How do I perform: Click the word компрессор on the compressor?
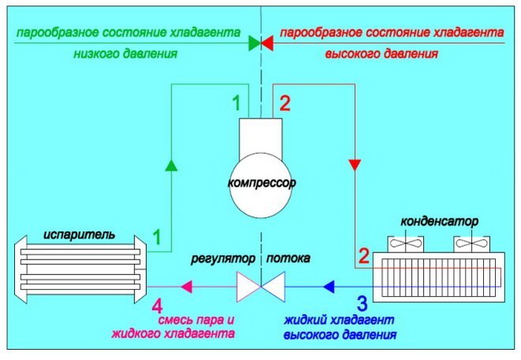click(x=260, y=183)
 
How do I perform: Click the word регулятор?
click(x=226, y=258)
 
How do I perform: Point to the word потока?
click(x=288, y=258)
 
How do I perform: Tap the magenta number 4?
click(x=158, y=304)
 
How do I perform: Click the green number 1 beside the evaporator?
click(x=157, y=237)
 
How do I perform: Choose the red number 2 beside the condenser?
click(x=364, y=256)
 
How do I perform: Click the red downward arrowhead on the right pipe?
click(x=355, y=163)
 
